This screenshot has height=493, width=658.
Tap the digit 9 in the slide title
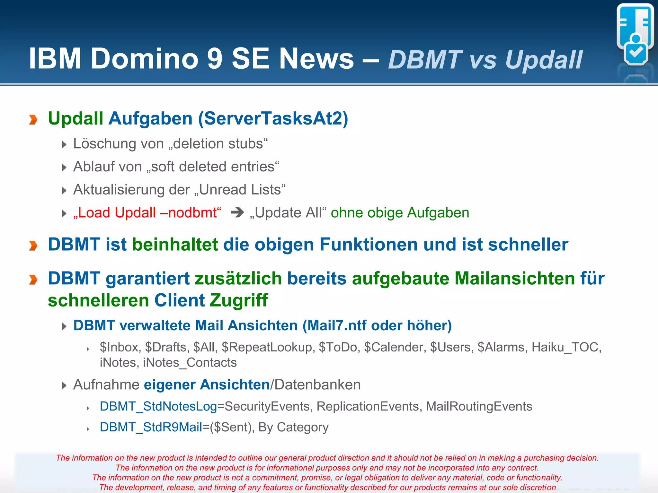[215, 59]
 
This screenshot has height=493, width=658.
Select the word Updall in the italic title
[544, 60]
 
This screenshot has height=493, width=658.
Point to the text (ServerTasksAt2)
[273, 118]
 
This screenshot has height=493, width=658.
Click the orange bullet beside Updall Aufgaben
[33, 119]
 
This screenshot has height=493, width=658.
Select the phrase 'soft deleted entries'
[213, 167]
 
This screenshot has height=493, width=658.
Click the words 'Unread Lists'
[240, 190]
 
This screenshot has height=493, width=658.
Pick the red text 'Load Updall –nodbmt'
[147, 213]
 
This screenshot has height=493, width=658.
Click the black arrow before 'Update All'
[237, 212]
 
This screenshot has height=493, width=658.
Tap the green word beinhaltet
[175, 245]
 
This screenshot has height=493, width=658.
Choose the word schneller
[528, 245]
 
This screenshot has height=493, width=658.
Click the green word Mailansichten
[514, 278]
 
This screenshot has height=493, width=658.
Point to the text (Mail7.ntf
[334, 325]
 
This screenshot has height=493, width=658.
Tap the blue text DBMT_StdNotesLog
[158, 406]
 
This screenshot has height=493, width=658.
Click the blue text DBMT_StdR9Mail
[151, 427]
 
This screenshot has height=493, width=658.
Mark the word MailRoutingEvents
[479, 406]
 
